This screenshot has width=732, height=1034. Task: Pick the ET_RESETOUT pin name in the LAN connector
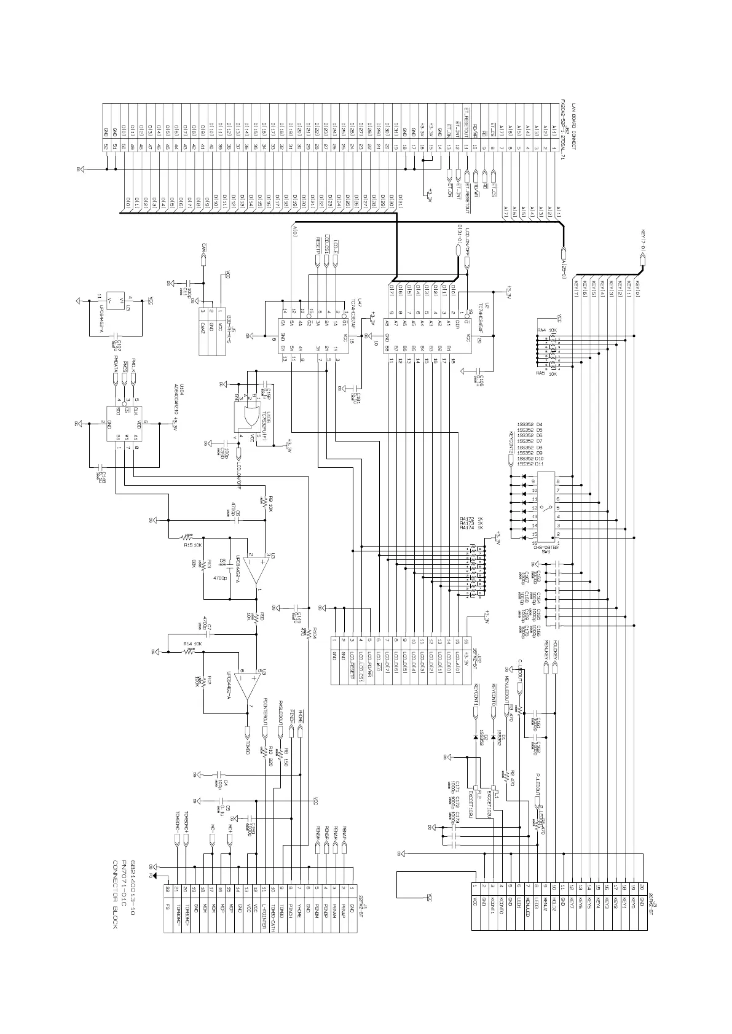[x=466, y=120]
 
